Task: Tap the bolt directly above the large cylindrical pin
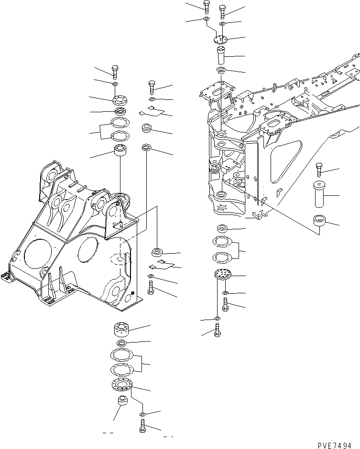point(319,170)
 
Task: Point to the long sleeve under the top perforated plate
point(221,56)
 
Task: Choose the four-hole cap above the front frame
point(120,100)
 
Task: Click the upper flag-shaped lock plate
point(149,112)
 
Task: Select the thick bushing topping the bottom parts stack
point(122,330)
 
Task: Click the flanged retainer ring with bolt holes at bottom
point(122,385)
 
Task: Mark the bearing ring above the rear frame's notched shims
point(222,228)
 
